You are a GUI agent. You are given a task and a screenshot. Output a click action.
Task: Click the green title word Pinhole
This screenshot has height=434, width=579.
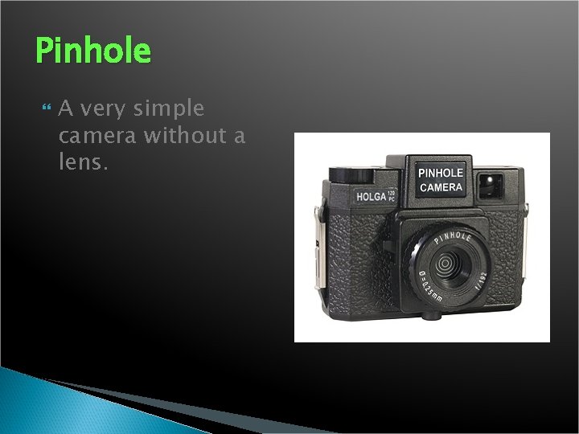pos(93,51)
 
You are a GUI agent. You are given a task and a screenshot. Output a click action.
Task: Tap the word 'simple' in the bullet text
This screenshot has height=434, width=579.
pos(170,108)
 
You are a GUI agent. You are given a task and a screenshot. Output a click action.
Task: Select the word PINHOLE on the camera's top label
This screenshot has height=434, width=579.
pos(441,173)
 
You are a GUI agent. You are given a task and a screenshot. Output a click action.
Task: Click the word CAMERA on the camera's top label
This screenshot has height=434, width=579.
pos(441,187)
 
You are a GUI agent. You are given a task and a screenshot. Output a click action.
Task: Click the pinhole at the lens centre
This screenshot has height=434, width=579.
pos(444,261)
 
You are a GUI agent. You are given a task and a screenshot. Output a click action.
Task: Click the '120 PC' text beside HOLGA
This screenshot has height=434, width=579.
pos(392,194)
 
